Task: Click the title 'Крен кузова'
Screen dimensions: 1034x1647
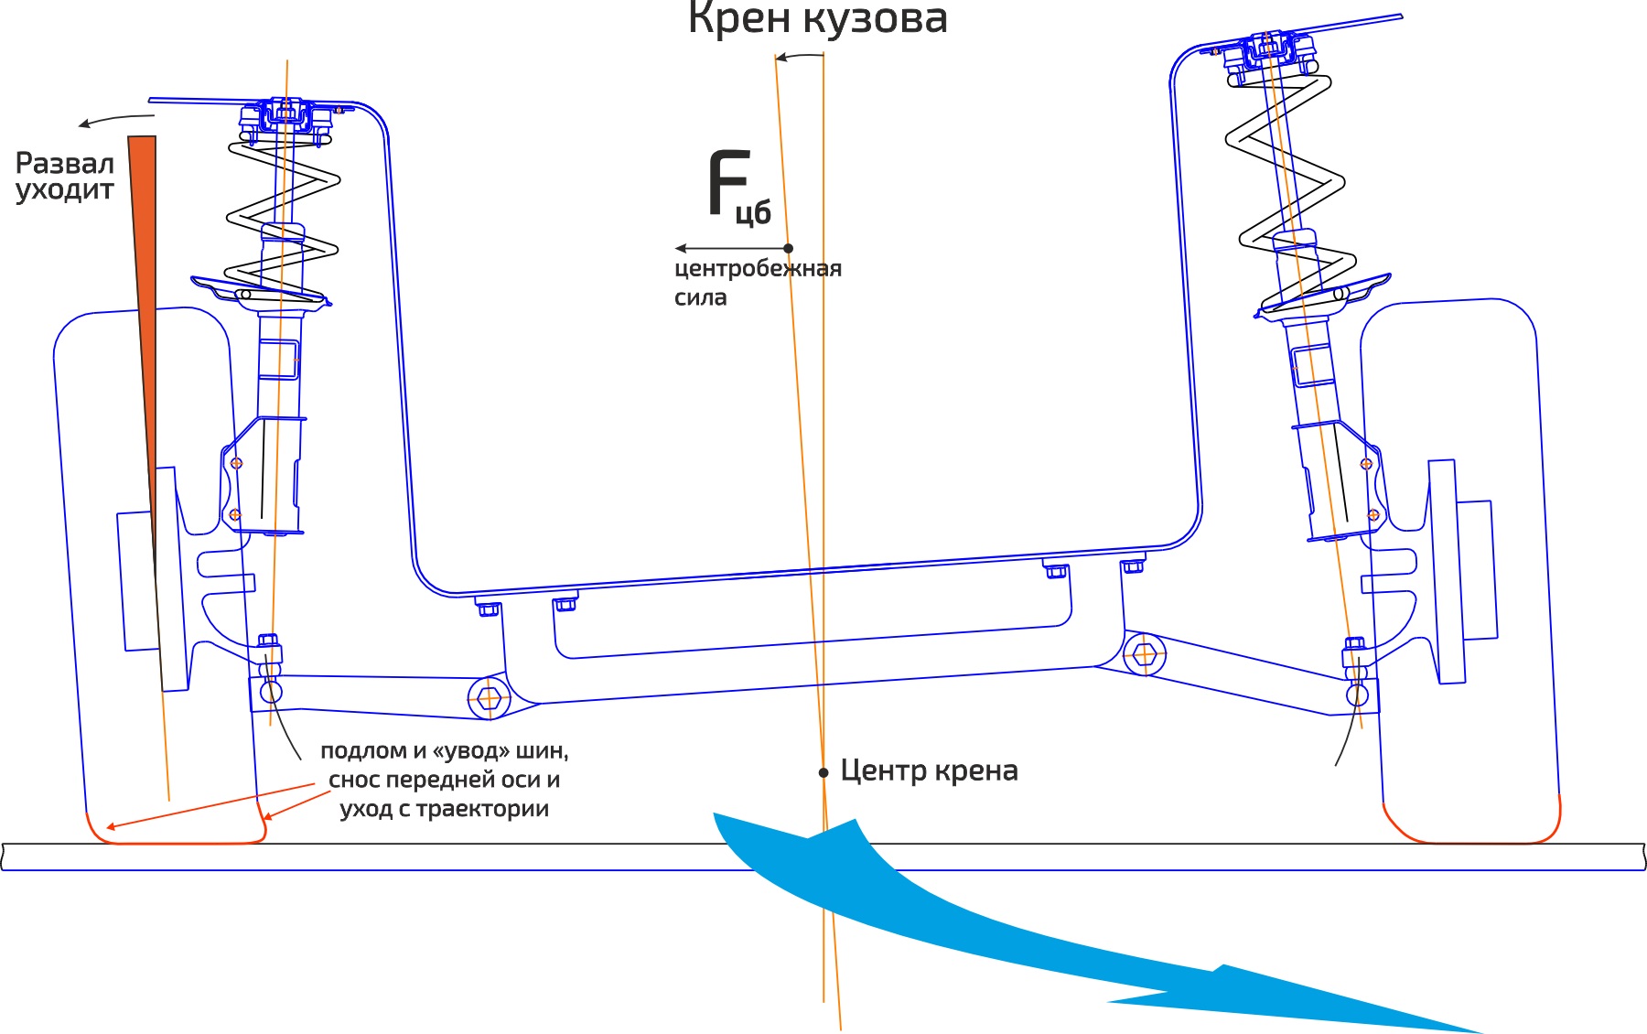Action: (x=817, y=18)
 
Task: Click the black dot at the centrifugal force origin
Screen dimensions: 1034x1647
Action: (x=789, y=248)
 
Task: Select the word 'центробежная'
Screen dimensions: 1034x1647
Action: (x=758, y=269)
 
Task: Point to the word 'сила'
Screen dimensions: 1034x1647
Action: (x=700, y=297)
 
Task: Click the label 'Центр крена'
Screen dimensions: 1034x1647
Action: (x=929, y=770)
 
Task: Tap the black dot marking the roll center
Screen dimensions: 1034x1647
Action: (x=823, y=773)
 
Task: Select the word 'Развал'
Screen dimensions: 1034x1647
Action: (x=65, y=164)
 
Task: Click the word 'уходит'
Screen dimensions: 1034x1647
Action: (x=65, y=190)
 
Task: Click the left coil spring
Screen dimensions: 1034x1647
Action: (x=282, y=220)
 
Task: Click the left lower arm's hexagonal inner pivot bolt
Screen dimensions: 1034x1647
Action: (x=489, y=699)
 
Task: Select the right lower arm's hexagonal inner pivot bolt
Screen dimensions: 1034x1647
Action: (x=1144, y=655)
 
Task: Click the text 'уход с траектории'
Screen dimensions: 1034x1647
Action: (x=444, y=809)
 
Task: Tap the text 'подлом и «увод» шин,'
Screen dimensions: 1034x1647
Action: (x=444, y=751)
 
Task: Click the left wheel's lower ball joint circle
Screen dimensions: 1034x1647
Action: (x=271, y=692)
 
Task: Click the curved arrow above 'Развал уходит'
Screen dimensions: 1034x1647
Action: (x=114, y=119)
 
